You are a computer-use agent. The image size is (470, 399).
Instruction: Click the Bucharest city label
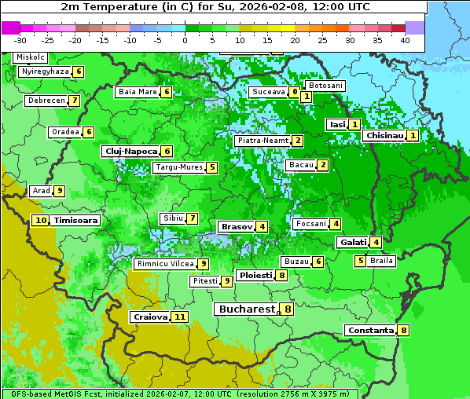[x=246, y=309]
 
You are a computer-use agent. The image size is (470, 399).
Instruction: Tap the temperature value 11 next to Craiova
[x=180, y=317]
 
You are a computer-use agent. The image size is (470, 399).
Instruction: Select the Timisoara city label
[x=76, y=221]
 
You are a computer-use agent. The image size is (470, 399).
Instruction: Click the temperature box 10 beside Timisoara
[x=41, y=221]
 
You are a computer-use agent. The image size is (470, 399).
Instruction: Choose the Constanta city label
[x=369, y=331]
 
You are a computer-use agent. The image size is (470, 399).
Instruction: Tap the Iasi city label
[x=336, y=124]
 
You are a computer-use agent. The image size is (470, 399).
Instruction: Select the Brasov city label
[x=236, y=226]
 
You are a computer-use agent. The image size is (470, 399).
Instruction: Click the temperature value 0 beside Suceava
[x=294, y=92]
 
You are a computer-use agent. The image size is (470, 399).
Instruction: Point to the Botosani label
[x=325, y=85]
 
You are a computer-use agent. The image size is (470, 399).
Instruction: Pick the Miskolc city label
[x=30, y=57]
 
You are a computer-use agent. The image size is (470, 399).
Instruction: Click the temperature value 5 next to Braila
[x=360, y=261]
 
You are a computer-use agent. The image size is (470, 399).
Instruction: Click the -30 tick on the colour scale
[x=20, y=39]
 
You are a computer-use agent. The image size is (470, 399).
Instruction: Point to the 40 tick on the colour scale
[x=405, y=39]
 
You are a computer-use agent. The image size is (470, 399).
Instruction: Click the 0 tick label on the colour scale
[x=185, y=39]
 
